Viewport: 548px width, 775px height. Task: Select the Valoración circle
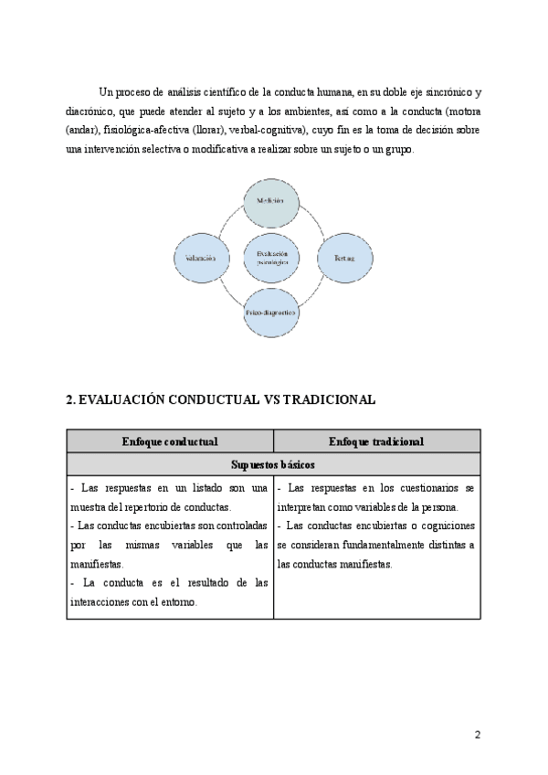coord(200,258)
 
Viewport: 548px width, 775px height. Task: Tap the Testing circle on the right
coord(343,258)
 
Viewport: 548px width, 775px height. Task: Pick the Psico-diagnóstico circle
coord(271,313)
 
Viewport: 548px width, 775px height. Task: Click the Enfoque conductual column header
coord(170,441)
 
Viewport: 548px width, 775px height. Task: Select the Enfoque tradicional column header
coord(376,441)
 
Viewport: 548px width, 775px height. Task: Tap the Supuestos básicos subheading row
coord(273,464)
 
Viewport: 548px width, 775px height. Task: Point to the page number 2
coord(477,734)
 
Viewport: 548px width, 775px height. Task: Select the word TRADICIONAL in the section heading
coord(330,400)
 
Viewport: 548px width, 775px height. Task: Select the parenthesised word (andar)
coord(82,130)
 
